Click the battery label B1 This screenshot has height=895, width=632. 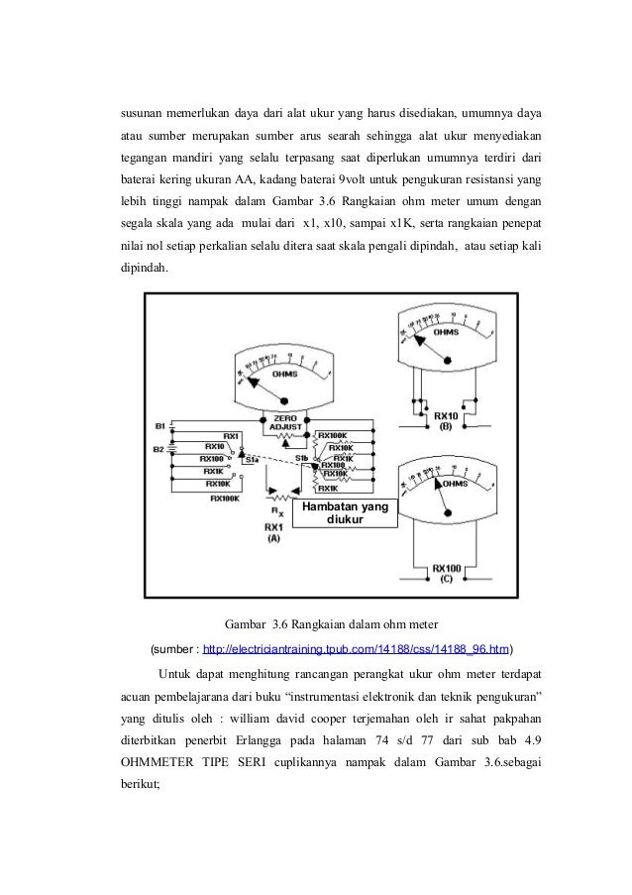(159, 425)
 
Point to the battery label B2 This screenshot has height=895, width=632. (159, 449)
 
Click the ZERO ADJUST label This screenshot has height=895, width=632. (284, 423)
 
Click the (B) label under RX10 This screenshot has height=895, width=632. (445, 426)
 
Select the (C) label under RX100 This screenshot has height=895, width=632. (448, 578)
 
